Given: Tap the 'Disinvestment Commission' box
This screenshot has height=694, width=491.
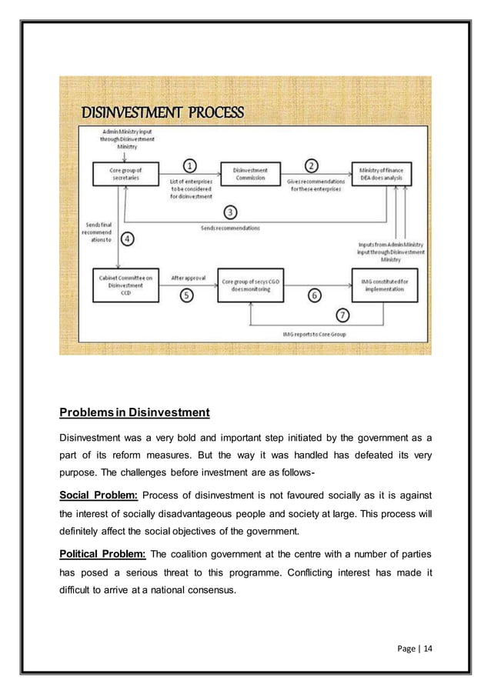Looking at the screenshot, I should [249, 174].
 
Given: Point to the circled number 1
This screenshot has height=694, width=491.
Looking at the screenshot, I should [190, 165].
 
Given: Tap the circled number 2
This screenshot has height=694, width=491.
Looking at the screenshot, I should [312, 165].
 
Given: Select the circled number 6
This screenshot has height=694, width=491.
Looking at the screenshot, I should [314, 295].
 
